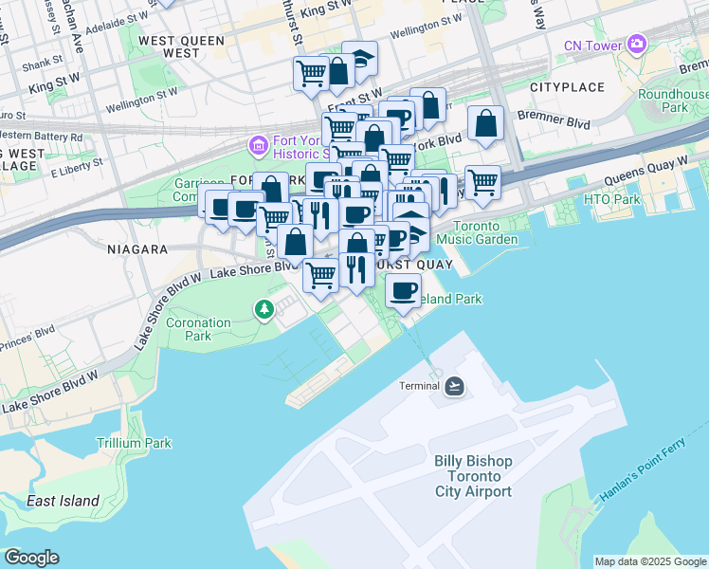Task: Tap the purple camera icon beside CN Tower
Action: click(x=635, y=44)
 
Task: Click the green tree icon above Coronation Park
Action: click(x=264, y=308)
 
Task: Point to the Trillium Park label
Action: click(x=134, y=443)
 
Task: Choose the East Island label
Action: click(x=63, y=501)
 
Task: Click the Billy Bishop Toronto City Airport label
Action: click(x=473, y=476)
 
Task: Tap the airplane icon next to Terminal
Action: click(x=454, y=385)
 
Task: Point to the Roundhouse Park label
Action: click(x=674, y=101)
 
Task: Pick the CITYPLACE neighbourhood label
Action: click(x=567, y=87)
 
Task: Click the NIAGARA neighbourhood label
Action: click(x=137, y=249)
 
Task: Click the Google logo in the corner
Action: click(x=31, y=558)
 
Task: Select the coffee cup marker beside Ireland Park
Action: click(x=404, y=289)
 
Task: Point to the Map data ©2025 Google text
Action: click(x=649, y=561)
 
